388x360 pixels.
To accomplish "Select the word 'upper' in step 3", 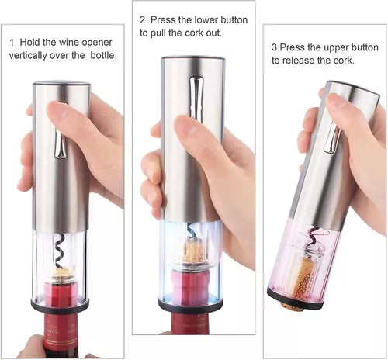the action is pyautogui.click(x=336, y=48).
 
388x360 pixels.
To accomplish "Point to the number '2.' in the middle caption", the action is pyautogui.click(x=144, y=20).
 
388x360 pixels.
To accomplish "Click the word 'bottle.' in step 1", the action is pyautogui.click(x=103, y=55).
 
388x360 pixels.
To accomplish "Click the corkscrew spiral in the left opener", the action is pyautogui.click(x=60, y=251).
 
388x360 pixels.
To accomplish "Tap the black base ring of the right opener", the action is pyautogui.click(x=295, y=299).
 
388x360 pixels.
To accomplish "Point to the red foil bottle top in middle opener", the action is pyautogui.click(x=189, y=285).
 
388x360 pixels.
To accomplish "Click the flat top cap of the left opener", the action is pyautogui.click(x=61, y=84).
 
